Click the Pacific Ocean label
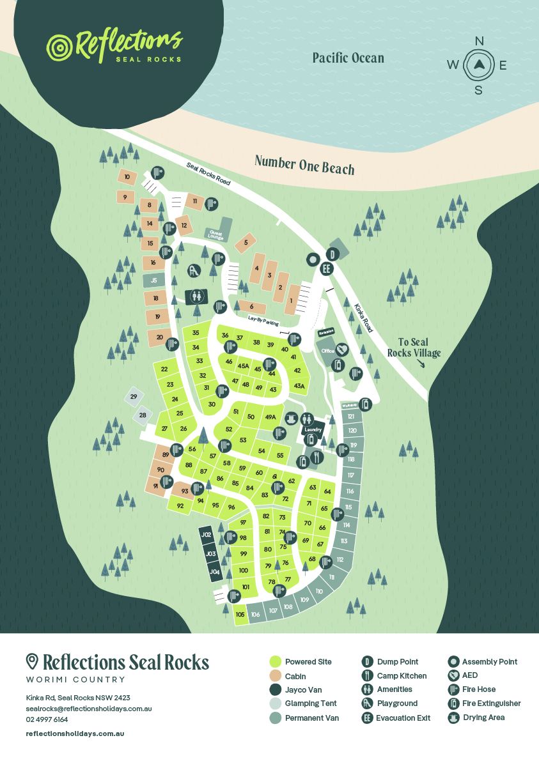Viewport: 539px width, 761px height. [x=348, y=58]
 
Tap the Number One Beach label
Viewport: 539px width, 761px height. [x=304, y=164]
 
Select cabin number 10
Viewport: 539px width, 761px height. [x=127, y=177]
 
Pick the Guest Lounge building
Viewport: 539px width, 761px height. [x=215, y=234]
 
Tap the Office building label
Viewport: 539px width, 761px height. [x=327, y=351]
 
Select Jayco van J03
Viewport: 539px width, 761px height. [x=211, y=553]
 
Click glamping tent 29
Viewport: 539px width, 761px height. [x=134, y=397]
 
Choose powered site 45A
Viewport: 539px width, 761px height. [x=243, y=366]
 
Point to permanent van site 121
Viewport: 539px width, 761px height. [x=351, y=417]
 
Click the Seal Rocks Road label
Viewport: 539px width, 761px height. [x=208, y=173]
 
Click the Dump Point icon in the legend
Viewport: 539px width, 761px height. [x=367, y=662]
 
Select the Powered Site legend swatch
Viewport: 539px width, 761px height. [x=276, y=662]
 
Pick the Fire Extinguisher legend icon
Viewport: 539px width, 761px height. [x=453, y=703]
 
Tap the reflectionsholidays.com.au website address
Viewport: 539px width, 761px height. [x=75, y=734]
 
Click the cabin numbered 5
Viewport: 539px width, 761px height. [x=246, y=243]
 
